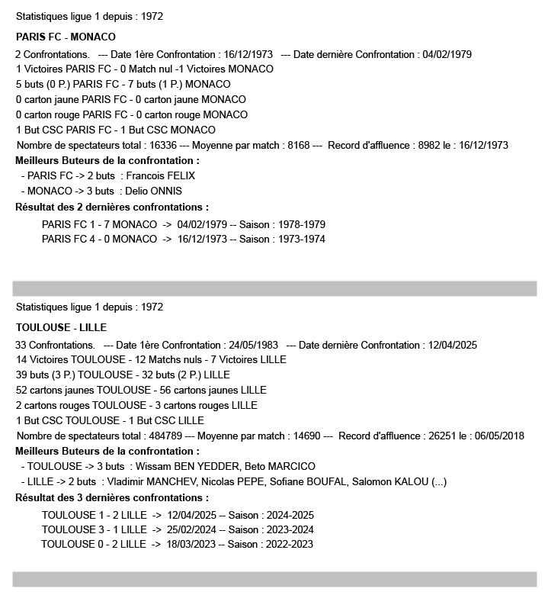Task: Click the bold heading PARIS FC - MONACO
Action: (x=66, y=36)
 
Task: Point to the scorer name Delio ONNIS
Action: (x=155, y=191)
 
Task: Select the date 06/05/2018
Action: (x=500, y=436)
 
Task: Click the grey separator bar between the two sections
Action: (x=274, y=288)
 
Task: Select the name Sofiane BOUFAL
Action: (x=307, y=481)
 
